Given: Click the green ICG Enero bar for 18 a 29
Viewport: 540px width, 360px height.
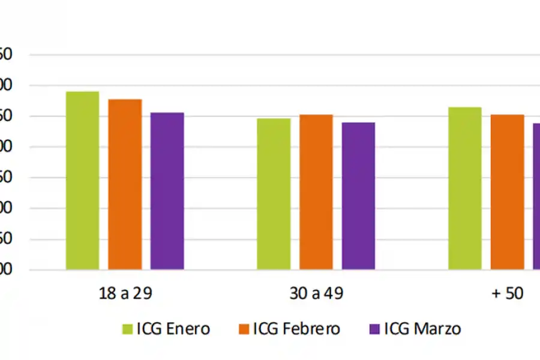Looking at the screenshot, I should [x=82, y=180].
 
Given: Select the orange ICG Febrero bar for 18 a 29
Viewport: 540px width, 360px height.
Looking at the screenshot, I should [x=125, y=184].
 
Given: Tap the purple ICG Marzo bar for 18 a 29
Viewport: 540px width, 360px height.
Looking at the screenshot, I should [x=167, y=191].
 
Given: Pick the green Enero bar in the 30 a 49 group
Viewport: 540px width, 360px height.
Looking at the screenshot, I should [x=274, y=194].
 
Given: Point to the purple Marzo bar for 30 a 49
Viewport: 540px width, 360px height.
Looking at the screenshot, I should [x=358, y=196].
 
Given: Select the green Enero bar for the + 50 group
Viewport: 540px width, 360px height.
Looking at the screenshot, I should [x=465, y=188].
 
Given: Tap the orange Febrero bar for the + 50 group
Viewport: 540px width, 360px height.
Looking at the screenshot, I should [x=507, y=192].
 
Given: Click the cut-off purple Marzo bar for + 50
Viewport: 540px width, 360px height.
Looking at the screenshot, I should [x=536, y=196].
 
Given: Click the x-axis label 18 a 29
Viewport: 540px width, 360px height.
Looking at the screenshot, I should [x=125, y=294].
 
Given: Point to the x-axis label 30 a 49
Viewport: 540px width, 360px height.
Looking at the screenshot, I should [x=316, y=294].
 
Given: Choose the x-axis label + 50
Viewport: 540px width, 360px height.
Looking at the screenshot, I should [x=507, y=294].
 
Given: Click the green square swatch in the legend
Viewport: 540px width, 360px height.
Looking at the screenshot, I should [x=127, y=329].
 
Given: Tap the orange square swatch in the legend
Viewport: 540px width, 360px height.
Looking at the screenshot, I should [x=244, y=329].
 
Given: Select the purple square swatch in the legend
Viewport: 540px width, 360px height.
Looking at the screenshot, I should [x=374, y=329].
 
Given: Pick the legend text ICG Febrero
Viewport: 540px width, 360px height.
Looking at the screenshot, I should [x=296, y=329].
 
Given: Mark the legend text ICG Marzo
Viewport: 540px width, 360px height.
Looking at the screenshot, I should [x=422, y=329].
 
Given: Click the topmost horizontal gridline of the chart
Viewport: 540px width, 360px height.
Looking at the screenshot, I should [x=282, y=55].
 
